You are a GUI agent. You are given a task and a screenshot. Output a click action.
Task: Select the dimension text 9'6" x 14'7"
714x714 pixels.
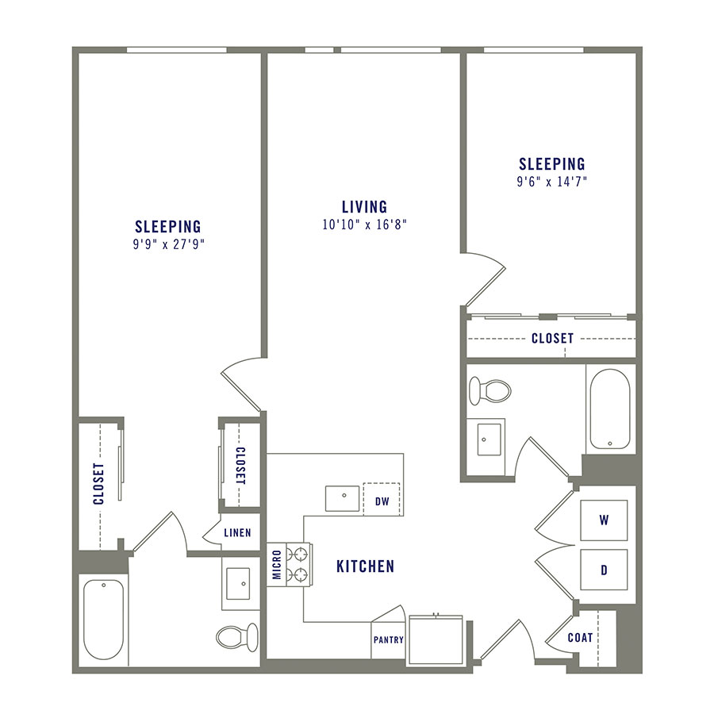552,182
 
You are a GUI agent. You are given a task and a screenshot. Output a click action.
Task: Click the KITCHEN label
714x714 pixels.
365,566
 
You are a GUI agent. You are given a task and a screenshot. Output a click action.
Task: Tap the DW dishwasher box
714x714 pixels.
382,500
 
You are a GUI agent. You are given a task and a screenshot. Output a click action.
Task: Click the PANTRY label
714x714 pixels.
388,640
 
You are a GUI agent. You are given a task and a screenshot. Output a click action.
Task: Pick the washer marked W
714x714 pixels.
604,521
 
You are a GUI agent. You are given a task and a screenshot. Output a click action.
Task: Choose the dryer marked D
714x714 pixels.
604,569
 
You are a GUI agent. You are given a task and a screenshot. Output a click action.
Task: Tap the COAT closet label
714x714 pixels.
580,637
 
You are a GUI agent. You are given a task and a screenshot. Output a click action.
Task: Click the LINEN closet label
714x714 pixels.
237,533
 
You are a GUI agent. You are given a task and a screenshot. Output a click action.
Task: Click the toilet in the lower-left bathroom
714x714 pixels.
237,635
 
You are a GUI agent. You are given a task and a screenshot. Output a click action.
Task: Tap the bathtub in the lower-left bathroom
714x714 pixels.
104,619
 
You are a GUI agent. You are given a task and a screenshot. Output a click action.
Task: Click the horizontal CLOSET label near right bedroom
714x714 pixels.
552,338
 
